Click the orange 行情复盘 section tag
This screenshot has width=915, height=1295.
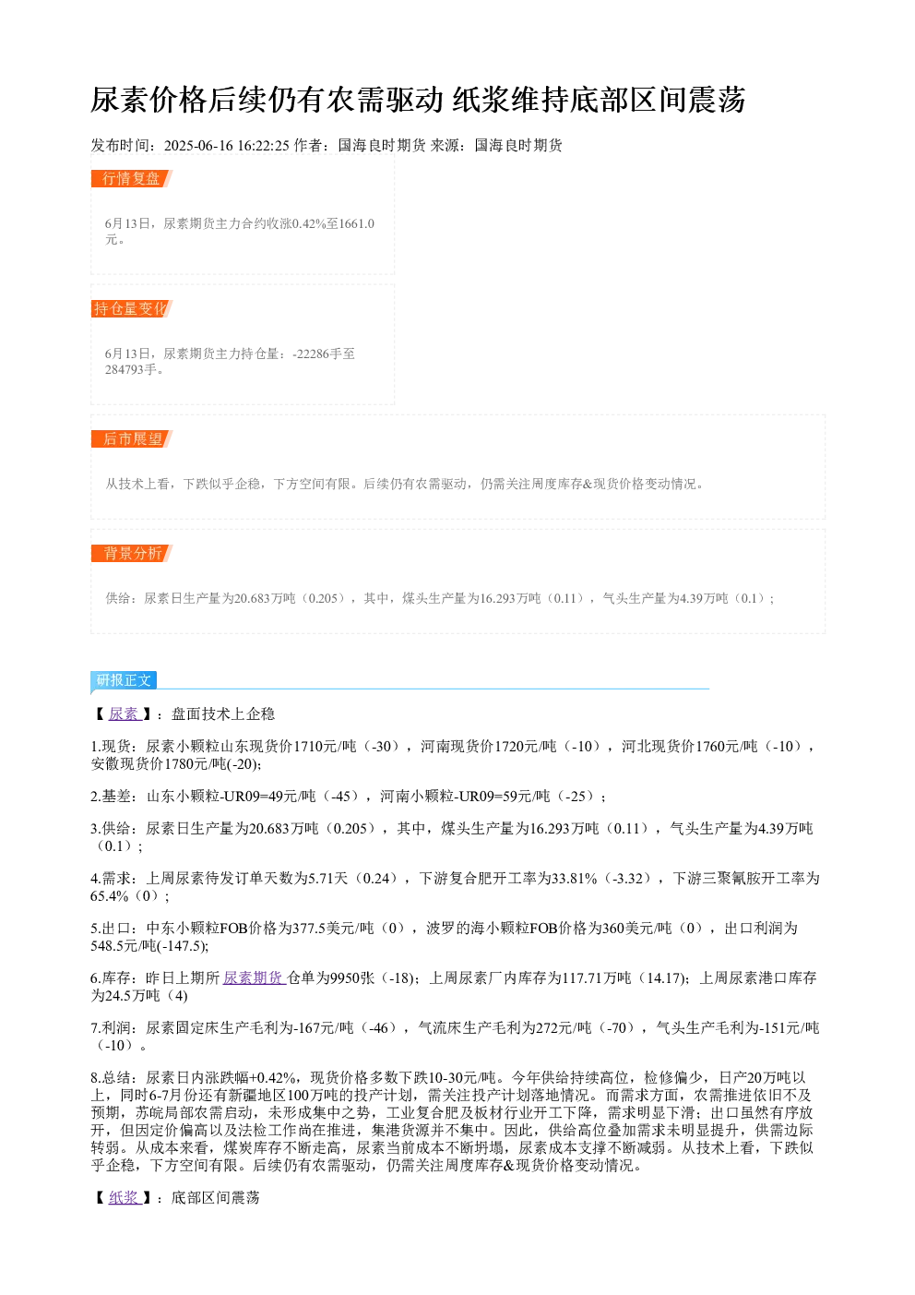(x=131, y=179)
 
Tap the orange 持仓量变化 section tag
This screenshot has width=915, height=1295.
(x=131, y=308)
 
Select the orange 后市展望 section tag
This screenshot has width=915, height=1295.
(x=131, y=438)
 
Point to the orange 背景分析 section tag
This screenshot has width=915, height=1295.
(x=131, y=553)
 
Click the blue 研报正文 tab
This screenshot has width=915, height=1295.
(x=124, y=680)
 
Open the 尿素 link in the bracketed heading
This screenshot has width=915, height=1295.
(x=125, y=714)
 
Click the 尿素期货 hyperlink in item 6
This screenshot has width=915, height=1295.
(x=255, y=977)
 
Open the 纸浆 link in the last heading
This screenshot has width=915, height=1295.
(x=125, y=1197)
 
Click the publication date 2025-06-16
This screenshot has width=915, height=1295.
(x=198, y=146)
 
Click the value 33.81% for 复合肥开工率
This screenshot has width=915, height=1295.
(x=575, y=878)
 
